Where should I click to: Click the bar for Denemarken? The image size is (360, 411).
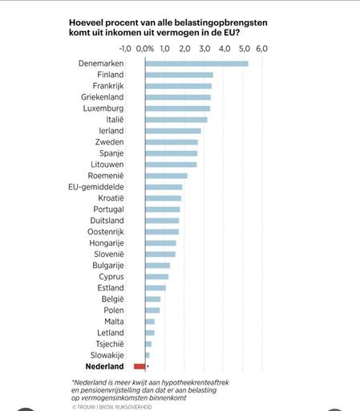(x=196, y=63)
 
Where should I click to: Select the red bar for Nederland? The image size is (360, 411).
(x=140, y=366)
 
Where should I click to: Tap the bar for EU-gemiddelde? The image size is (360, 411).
(x=164, y=187)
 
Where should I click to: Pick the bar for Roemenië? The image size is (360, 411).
(x=166, y=176)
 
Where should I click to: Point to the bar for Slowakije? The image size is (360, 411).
(x=148, y=355)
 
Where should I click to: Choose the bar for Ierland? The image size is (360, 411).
(x=173, y=131)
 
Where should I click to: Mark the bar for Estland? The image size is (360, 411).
(x=156, y=288)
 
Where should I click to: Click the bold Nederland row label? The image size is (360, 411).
(x=104, y=366)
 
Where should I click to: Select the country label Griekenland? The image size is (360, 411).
(x=103, y=97)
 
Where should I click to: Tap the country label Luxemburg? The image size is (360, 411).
(x=103, y=108)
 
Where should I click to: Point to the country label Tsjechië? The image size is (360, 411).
(x=110, y=344)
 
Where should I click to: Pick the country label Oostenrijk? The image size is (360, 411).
(x=106, y=232)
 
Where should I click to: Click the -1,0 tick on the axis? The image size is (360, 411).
(x=125, y=49)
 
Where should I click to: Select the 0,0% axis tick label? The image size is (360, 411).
(x=145, y=49)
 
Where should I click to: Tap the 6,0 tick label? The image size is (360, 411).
(x=262, y=49)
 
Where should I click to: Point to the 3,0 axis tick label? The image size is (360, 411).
(x=204, y=49)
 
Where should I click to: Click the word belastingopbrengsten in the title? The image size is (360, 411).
(x=221, y=23)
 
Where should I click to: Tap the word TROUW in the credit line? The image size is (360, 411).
(x=86, y=407)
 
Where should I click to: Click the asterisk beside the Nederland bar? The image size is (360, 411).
(x=148, y=366)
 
